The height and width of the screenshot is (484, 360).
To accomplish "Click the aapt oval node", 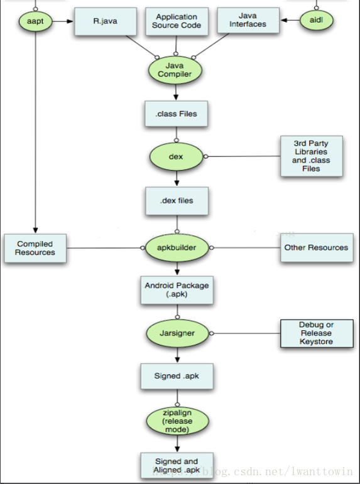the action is click(36, 21).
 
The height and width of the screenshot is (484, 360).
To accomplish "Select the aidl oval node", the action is click(317, 20).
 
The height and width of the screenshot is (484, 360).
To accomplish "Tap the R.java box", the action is click(106, 21).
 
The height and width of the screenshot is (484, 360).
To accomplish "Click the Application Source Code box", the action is click(177, 21).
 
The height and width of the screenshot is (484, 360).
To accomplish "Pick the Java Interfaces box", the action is click(248, 20).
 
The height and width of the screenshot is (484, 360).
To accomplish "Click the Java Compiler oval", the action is click(175, 70).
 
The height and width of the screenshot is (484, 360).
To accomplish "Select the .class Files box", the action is click(176, 114).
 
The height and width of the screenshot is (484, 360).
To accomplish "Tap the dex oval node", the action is click(176, 156).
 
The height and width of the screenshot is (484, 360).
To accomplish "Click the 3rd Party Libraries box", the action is click(312, 156).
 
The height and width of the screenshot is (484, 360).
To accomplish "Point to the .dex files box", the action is click(177, 201).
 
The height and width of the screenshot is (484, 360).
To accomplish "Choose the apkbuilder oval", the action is click(177, 247).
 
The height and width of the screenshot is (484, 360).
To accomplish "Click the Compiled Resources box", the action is click(35, 248).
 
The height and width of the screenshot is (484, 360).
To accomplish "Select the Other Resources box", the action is click(317, 247).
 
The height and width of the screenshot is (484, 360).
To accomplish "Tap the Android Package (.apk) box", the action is click(177, 290).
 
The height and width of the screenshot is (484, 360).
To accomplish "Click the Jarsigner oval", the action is click(177, 333).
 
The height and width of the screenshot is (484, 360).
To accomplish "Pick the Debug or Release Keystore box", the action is click(317, 333).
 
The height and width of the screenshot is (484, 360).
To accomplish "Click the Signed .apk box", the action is click(177, 376).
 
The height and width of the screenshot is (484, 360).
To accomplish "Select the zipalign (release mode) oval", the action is click(177, 421).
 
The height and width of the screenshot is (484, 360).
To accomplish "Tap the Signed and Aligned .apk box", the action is click(177, 465).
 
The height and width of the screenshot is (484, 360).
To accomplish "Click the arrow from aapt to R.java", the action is click(63, 21).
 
